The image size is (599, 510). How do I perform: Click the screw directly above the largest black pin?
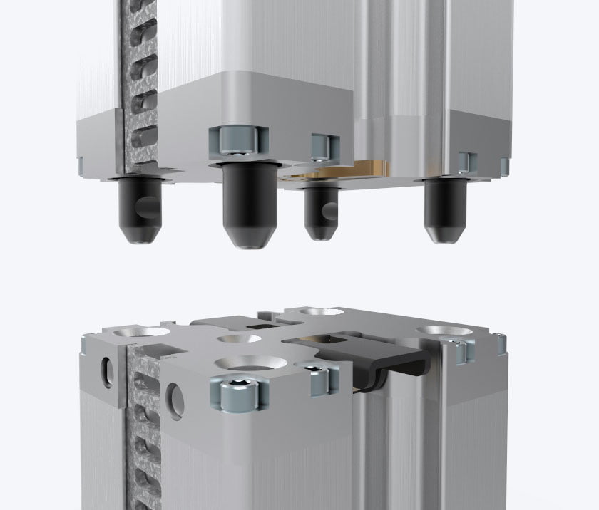point(236,142)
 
